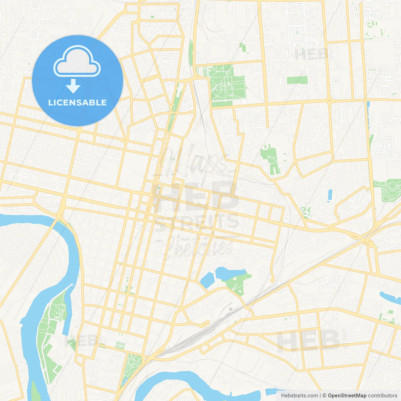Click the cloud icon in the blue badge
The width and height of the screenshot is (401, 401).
pos(77,62)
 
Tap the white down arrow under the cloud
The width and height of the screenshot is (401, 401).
pos(73,86)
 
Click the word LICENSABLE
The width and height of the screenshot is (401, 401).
pos(77,102)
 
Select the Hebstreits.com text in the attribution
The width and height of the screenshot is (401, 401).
pos(299,396)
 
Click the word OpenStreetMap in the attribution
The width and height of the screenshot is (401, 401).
pos(347,396)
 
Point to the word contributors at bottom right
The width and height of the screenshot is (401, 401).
pos(383,396)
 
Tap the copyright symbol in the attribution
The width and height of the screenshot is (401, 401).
pos(324,396)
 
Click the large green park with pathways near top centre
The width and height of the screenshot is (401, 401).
pos(226,83)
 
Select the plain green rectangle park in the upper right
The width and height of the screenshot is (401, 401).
pos(297,80)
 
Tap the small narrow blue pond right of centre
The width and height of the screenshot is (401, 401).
pos(330,195)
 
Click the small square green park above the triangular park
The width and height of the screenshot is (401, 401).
pos(120,345)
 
